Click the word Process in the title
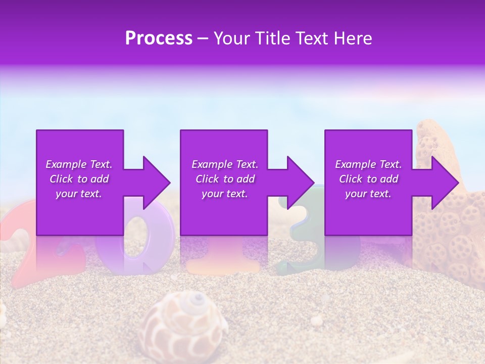click(x=159, y=38)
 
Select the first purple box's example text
click(x=79, y=179)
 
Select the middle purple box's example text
click(x=224, y=179)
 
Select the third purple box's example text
click(x=368, y=179)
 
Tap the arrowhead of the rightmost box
click(x=445, y=183)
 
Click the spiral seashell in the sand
click(x=184, y=324)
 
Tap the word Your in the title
click(x=231, y=38)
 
